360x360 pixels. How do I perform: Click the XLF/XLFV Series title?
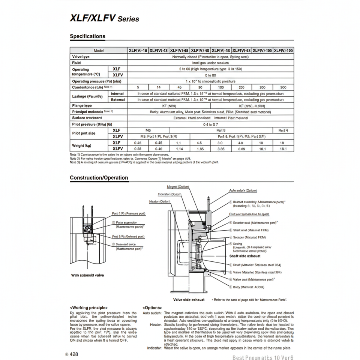point(105,18)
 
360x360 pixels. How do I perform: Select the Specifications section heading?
point(88,36)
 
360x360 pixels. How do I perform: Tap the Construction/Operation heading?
point(99,178)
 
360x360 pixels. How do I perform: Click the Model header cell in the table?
point(99,50)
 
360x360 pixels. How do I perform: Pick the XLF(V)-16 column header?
point(138,50)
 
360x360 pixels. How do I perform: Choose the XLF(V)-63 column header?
point(241,50)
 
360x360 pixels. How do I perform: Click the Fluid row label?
point(76,63)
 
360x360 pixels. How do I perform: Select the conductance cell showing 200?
point(241,87)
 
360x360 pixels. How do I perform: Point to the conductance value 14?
point(159,87)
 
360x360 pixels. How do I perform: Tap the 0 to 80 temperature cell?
point(211,75)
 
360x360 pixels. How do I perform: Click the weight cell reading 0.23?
point(138,148)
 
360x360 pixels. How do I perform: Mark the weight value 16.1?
point(283,148)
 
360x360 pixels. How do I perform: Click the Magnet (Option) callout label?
point(178,186)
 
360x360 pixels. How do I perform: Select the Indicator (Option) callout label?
point(169,194)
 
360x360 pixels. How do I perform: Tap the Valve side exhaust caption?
point(189,300)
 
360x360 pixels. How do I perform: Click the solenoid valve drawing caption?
point(88,275)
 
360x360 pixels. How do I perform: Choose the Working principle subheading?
point(89,307)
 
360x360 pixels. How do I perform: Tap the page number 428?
point(73,354)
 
